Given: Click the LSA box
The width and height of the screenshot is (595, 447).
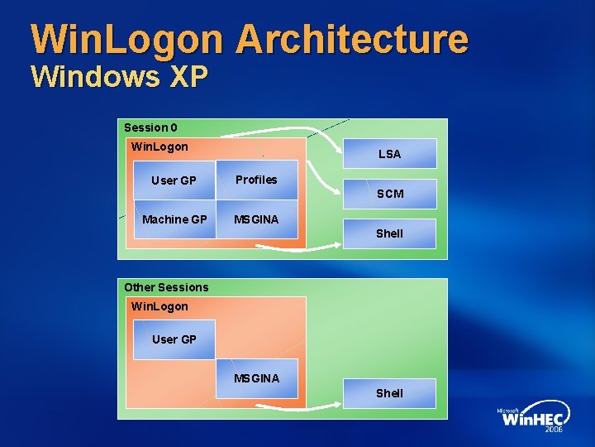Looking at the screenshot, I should point(389,154).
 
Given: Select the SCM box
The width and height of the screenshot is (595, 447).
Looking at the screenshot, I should point(390,194).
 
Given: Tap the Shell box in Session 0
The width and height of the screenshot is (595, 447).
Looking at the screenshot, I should point(389,233).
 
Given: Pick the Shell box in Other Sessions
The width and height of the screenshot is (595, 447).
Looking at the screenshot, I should point(389,393).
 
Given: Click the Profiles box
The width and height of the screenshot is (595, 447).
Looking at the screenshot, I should point(256,180).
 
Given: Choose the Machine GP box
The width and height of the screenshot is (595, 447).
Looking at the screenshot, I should point(174,219).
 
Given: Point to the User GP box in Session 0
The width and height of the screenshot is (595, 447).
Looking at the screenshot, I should point(174,180).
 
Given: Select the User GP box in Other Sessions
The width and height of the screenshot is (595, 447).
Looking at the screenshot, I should point(174,339).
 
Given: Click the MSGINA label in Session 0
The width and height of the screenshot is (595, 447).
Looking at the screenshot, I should point(256,219).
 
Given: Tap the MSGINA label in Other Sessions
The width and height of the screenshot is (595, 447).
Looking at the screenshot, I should point(256,378).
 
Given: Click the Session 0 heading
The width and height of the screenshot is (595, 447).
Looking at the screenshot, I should point(150,127).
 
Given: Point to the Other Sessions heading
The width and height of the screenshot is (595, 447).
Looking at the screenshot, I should point(166,287).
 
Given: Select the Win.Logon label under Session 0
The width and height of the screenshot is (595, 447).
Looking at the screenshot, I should point(159,147).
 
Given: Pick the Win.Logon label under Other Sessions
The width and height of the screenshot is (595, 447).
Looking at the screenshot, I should point(159,306).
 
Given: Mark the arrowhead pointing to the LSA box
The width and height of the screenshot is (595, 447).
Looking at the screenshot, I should point(339,151).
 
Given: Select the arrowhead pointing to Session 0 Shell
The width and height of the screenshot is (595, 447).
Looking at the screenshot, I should point(337,243).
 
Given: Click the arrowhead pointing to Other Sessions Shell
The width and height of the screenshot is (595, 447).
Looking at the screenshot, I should point(337,403).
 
